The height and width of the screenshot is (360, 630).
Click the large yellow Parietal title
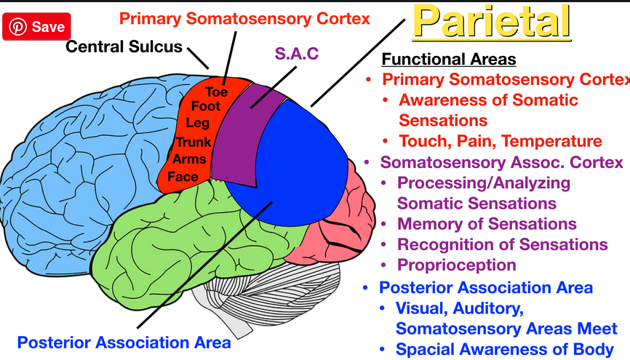(491, 22)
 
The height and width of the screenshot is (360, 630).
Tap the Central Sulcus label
(124, 47)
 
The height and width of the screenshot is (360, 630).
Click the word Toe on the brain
(216, 92)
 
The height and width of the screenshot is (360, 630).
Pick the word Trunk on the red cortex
(193, 142)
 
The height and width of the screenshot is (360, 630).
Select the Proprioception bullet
(456, 265)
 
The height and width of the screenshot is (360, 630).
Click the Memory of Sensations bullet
(487, 224)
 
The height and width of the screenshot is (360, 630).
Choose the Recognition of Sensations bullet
(502, 244)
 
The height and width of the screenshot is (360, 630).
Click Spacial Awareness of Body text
(503, 349)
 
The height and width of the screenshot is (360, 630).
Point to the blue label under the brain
(124, 342)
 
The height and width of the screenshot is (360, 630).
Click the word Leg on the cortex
(197, 124)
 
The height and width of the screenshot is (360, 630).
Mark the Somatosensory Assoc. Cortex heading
(501, 161)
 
